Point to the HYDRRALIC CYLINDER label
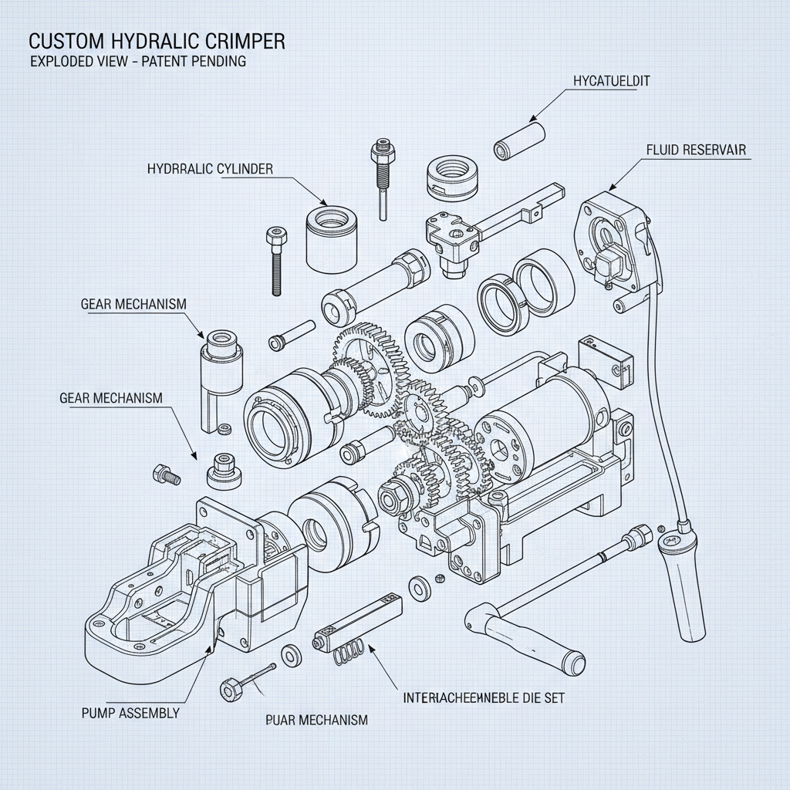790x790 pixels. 210,169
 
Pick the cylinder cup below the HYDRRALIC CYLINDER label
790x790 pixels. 332,238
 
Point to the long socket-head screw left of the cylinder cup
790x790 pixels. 277,262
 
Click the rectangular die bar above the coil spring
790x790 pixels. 358,622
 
